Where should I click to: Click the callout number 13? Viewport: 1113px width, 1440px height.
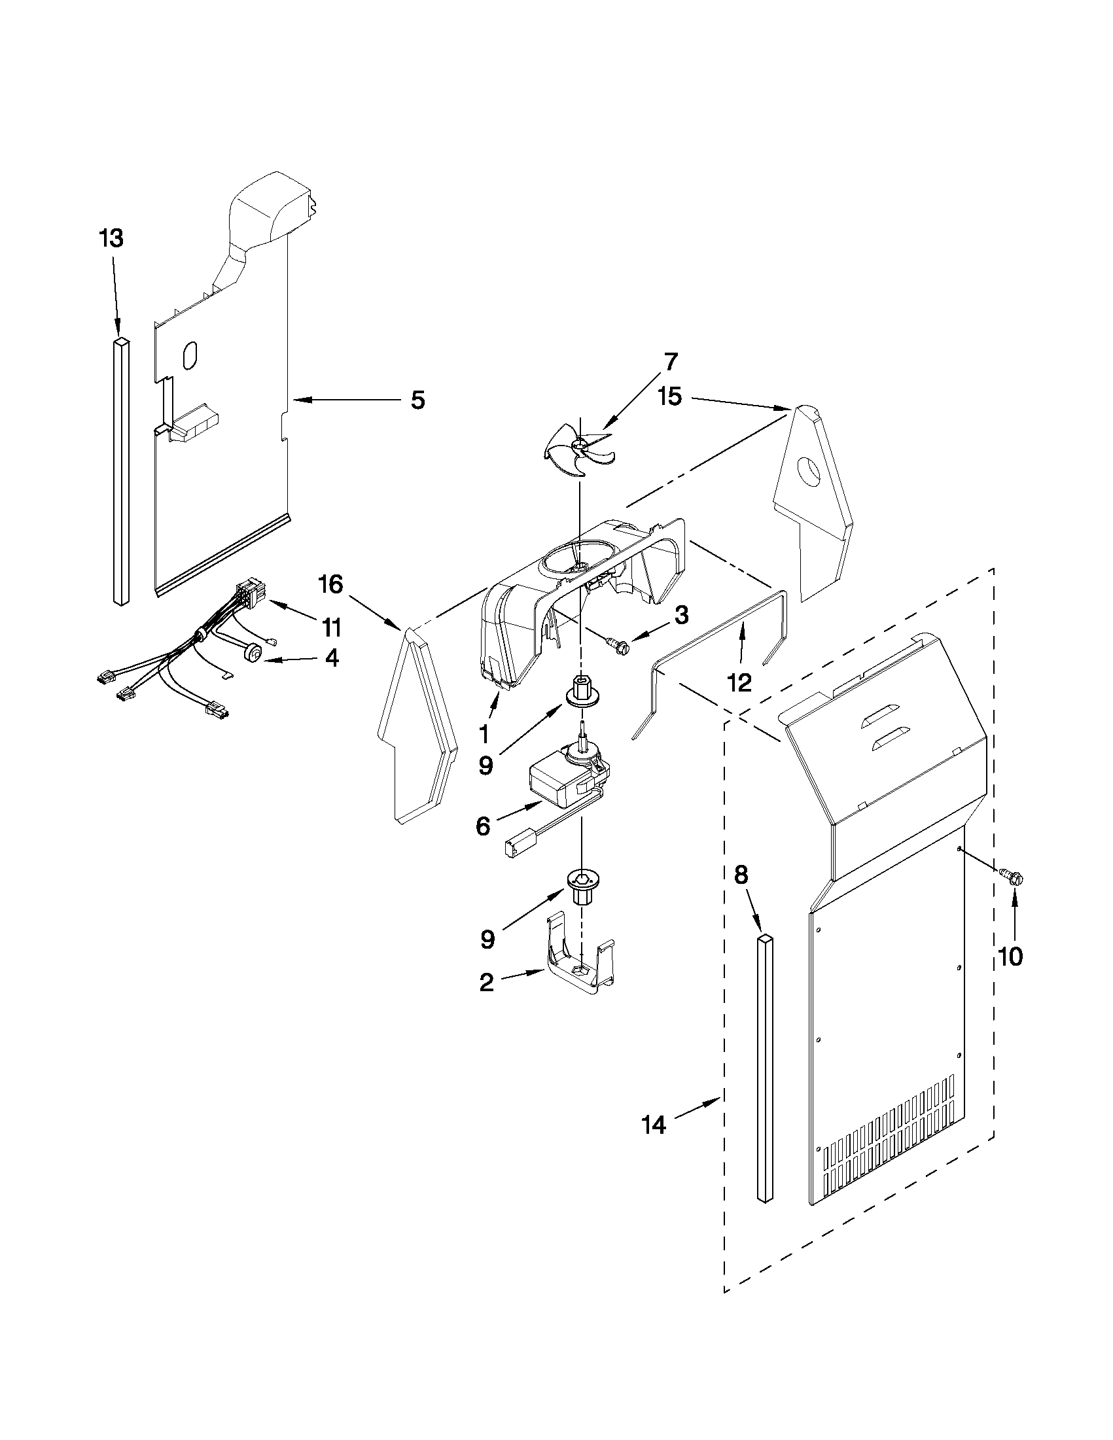[x=111, y=238]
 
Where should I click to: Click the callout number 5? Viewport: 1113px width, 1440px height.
[x=417, y=400]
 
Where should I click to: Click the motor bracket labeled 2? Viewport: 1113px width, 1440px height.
[x=580, y=970]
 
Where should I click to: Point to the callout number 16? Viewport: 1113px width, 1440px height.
[x=332, y=584]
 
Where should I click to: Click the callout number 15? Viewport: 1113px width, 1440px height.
[x=670, y=398]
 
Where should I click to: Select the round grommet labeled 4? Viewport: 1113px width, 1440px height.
[x=252, y=653]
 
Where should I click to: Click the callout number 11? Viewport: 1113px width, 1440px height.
[x=332, y=627]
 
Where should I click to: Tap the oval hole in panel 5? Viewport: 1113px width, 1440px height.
[x=188, y=357]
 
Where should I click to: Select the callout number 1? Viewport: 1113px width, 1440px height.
[x=484, y=733]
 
